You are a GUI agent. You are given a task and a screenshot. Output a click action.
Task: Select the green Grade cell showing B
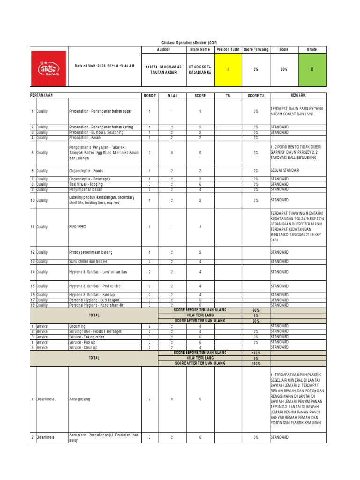[x=312, y=69]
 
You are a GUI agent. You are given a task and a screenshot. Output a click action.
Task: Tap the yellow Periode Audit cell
[x=228, y=69]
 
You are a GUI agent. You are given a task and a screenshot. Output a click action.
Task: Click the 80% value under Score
[x=284, y=69]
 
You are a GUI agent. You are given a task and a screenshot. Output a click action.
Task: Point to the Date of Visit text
[x=105, y=66]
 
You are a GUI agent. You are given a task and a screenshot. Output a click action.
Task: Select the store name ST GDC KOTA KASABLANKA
[x=200, y=69]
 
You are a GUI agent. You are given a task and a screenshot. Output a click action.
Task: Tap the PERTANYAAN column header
[x=42, y=95]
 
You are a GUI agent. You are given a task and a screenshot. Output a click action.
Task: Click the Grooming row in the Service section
[x=77, y=326]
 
